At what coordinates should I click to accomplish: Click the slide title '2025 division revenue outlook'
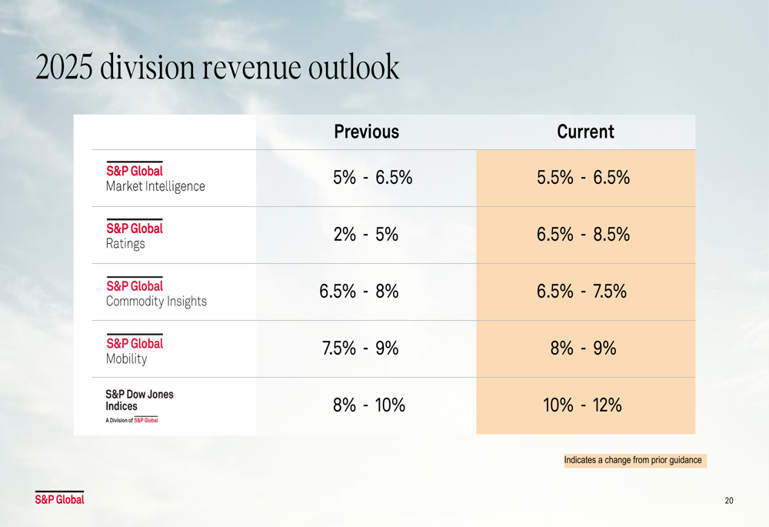click(218, 68)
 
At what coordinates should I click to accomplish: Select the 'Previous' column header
click(367, 132)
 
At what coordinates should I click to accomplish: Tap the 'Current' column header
click(585, 132)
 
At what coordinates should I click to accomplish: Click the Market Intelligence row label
click(155, 178)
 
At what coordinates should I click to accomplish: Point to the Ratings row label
click(135, 236)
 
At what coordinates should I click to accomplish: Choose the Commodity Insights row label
click(156, 293)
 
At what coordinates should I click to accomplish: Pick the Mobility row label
click(135, 351)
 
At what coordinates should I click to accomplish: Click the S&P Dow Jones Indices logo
click(139, 405)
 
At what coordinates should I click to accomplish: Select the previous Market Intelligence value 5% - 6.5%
click(373, 178)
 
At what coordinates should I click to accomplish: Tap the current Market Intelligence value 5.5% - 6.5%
click(584, 178)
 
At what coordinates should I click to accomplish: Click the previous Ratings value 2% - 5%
click(366, 235)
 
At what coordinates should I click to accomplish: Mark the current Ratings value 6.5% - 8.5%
click(584, 235)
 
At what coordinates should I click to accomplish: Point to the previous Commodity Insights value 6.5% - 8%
click(359, 292)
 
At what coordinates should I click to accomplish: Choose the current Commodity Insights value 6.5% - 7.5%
click(582, 292)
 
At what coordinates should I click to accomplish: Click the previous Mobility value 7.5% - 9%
click(360, 349)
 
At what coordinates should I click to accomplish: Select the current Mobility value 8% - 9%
click(584, 349)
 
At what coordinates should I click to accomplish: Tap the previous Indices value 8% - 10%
click(369, 405)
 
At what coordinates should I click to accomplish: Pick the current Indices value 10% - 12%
click(582, 405)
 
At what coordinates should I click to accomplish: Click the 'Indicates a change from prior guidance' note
click(633, 460)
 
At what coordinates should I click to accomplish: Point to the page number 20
click(729, 501)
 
